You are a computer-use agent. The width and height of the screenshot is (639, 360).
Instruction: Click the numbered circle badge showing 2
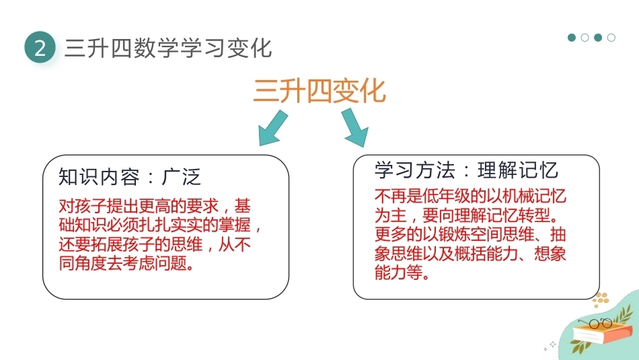point(40,48)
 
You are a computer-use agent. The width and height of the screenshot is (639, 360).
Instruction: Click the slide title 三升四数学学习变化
point(168,48)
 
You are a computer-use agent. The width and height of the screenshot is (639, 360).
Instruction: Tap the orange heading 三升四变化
point(319,91)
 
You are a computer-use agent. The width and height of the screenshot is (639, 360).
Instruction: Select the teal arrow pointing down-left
point(272,128)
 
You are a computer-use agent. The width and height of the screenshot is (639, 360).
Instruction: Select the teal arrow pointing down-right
point(355,128)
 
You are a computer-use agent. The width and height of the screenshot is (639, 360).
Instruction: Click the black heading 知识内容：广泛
point(130,177)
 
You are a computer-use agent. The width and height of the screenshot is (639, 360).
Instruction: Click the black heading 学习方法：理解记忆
point(466,170)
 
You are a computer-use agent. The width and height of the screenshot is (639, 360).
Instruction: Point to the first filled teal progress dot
point(572,38)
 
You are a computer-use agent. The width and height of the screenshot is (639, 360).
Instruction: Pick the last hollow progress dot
point(611,38)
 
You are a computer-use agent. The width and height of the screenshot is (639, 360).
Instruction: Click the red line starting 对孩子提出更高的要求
point(155,207)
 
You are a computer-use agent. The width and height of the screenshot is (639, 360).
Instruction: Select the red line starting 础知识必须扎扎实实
point(160,225)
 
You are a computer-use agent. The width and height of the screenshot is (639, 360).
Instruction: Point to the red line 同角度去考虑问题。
point(126,263)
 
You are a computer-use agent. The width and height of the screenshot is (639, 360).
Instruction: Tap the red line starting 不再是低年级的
point(470,196)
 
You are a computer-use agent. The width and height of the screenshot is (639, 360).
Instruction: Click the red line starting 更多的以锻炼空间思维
point(470,234)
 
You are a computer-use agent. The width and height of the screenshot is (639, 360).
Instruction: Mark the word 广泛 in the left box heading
point(182,177)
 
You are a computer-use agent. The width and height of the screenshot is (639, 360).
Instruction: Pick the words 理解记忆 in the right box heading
point(518,170)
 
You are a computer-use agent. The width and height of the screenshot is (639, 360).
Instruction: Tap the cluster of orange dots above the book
point(601,299)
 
